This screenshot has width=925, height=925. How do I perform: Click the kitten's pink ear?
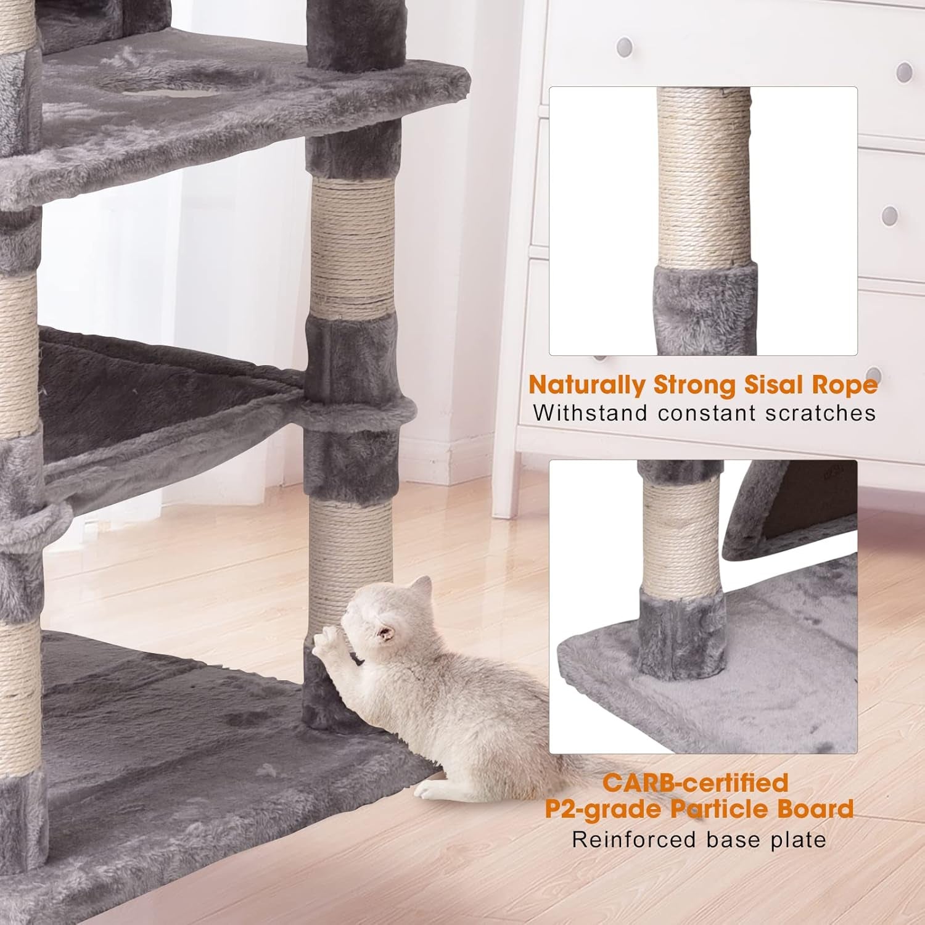tap(387, 633)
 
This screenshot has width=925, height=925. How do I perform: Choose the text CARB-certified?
tap(696, 783)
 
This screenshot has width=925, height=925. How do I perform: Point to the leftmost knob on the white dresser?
tap(625, 46)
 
